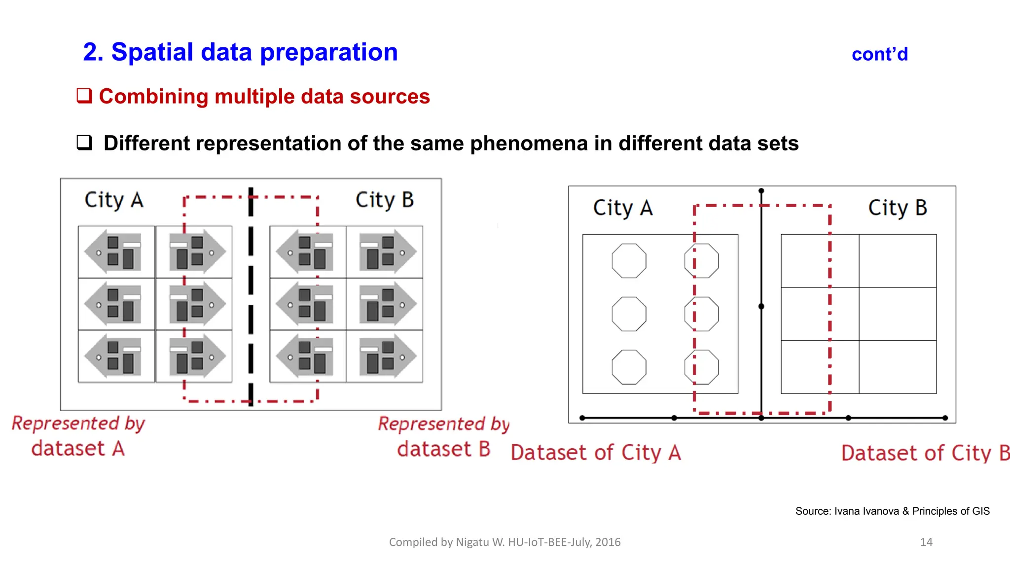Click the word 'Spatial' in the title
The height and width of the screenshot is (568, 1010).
[x=152, y=52]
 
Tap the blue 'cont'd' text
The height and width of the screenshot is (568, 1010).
[x=879, y=54]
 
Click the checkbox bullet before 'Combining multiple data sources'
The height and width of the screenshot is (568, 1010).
[x=84, y=96]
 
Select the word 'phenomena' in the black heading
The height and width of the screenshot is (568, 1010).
[x=529, y=143]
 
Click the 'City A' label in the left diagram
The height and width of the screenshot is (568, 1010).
[x=114, y=200]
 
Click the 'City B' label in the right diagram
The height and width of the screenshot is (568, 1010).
[x=897, y=208]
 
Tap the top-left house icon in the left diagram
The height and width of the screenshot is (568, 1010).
[x=116, y=252]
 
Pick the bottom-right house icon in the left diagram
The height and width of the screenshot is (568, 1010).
[x=385, y=356]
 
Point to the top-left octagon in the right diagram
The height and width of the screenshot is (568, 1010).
[x=629, y=261]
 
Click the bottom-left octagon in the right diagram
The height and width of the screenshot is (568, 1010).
[x=629, y=367]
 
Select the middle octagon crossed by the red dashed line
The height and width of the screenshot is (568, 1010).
[x=701, y=314]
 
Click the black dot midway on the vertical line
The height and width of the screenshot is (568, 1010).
[x=761, y=307]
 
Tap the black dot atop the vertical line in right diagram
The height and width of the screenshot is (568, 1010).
[x=761, y=191]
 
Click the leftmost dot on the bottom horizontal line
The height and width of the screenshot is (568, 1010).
[x=582, y=418]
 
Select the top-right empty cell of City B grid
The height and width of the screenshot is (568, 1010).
[x=898, y=261]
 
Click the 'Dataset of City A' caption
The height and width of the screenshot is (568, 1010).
[x=596, y=453]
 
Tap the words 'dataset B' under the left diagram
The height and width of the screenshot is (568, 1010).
[x=443, y=449]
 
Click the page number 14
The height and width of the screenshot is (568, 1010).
[x=926, y=542]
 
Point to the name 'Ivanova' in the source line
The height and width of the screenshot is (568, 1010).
[x=880, y=511]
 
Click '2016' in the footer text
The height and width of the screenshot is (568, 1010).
[x=608, y=542]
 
